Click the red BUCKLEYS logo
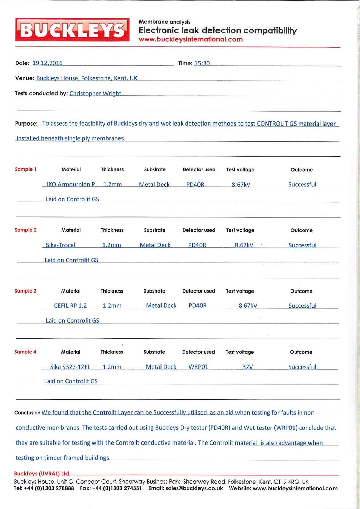pyautogui.click(x=72, y=30)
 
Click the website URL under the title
pyautogui.click(x=191, y=39)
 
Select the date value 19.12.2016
pyautogui.click(x=47, y=63)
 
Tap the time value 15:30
pyautogui.click(x=202, y=63)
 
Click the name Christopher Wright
pyautogui.click(x=95, y=93)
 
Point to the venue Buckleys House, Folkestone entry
pyautogui.click(x=87, y=78)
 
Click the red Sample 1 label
pyautogui.click(x=26, y=169)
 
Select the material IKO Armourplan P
pyautogui.click(x=71, y=184)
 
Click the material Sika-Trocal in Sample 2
pyautogui.click(x=60, y=245)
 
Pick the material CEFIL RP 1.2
pyautogui.click(x=70, y=306)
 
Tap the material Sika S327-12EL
pyautogui.click(x=70, y=367)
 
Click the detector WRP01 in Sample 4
pyautogui.click(x=198, y=367)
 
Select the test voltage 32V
pyautogui.click(x=248, y=367)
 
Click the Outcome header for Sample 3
pyautogui.click(x=301, y=291)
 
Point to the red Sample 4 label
pyautogui.click(x=25, y=352)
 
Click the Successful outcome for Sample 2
pyautogui.click(x=302, y=245)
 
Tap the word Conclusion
pyautogui.click(x=27, y=413)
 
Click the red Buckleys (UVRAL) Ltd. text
pyautogui.click(x=42, y=474)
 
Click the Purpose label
pyautogui.click(x=26, y=124)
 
